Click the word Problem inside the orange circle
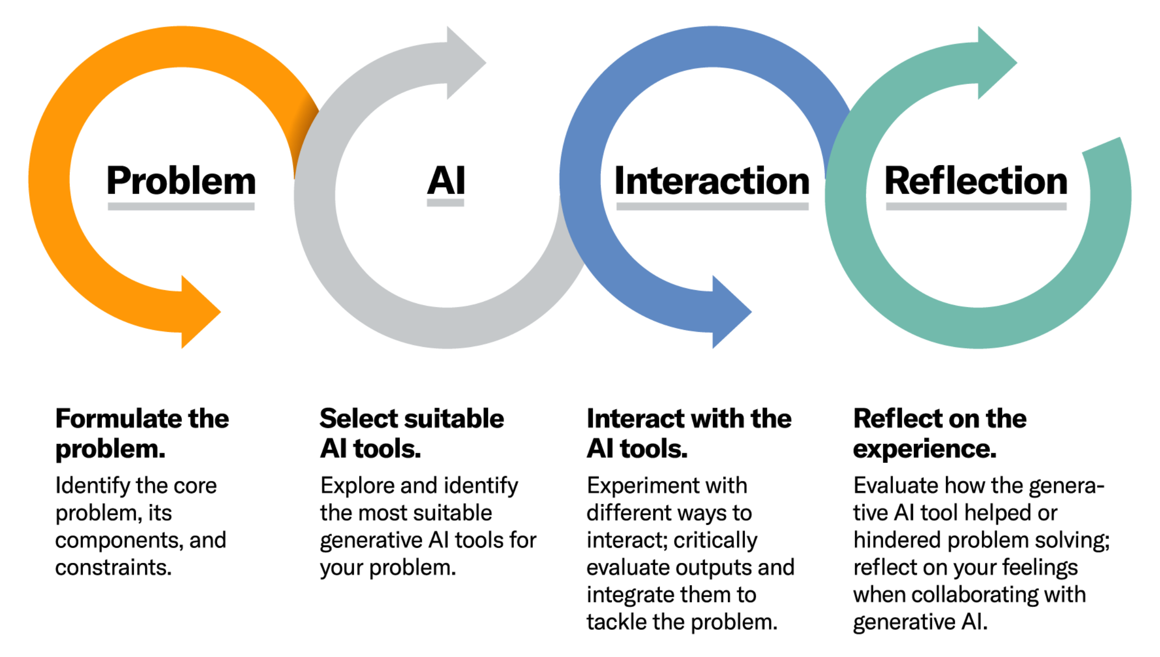pos(181,181)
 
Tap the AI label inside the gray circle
pos(446,181)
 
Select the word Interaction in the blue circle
pos(712,181)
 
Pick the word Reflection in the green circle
pos(976,181)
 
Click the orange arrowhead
pos(199,312)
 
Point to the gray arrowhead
pos(464,63)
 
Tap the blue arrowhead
pos(730,312)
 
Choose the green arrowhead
pos(995,63)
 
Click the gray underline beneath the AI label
pos(446,203)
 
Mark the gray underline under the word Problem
pos(181,207)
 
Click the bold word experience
pos(925,449)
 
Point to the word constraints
pos(114,567)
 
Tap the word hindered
pos(897,540)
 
